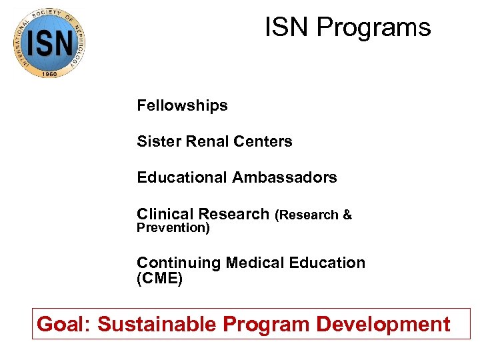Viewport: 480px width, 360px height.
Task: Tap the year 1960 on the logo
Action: (49, 72)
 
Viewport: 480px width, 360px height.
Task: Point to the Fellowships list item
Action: (182, 105)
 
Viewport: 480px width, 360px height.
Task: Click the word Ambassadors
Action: (285, 178)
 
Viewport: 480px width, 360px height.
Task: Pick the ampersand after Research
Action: (347, 215)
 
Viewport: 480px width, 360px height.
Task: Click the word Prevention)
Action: (173, 228)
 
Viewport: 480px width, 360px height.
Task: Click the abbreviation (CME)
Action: (159, 279)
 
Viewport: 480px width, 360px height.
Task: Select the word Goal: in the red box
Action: (64, 325)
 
